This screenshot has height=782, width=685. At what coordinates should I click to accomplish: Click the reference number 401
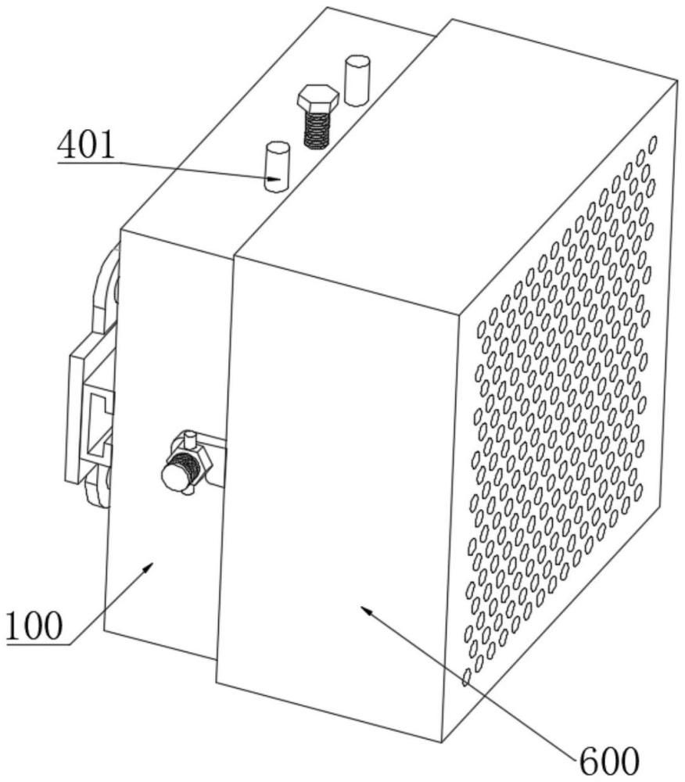pyautogui.click(x=86, y=145)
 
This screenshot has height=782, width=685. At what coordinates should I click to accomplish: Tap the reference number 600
pyautogui.click(x=608, y=762)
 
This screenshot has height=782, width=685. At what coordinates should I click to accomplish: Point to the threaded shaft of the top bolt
pyautogui.click(x=317, y=129)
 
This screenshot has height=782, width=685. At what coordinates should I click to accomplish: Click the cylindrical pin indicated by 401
pyautogui.click(x=277, y=167)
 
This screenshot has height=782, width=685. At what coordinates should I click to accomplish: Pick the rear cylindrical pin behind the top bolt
pyautogui.click(x=357, y=81)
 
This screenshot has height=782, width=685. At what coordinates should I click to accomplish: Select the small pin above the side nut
pyautogui.click(x=189, y=439)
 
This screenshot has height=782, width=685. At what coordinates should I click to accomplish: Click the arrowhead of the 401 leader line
pyautogui.click(x=274, y=178)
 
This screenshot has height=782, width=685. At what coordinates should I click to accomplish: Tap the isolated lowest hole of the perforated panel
pyautogui.click(x=467, y=677)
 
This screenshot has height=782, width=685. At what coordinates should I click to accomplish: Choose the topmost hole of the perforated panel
pyautogui.click(x=652, y=144)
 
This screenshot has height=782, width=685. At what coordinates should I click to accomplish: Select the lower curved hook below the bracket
pyautogui.click(x=98, y=488)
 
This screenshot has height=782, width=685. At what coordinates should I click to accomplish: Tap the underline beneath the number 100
pyautogui.click(x=38, y=644)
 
